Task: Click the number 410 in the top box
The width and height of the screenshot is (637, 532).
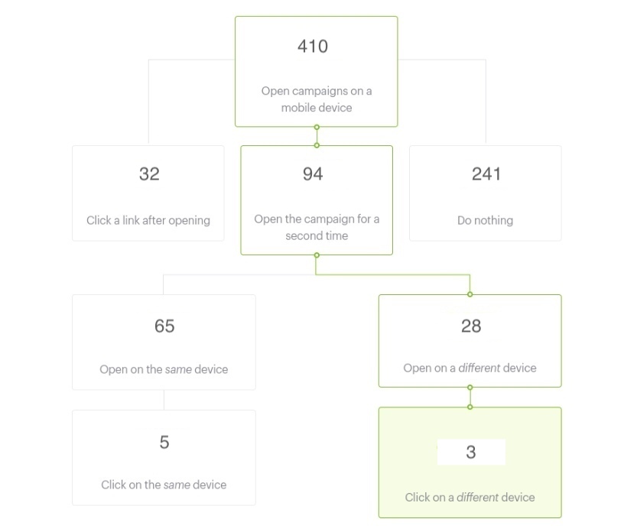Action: [x=313, y=47]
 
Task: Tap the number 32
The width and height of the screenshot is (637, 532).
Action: [x=149, y=174]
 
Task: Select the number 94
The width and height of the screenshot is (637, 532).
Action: [x=313, y=174]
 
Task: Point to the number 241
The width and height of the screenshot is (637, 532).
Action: [x=486, y=174]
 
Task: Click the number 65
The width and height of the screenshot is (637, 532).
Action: [x=164, y=326]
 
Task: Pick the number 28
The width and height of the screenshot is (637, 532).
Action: [x=471, y=326]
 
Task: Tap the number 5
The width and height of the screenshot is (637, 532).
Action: [x=164, y=443]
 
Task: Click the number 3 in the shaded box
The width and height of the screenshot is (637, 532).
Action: [x=471, y=453]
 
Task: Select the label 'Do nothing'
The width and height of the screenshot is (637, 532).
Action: [x=485, y=220]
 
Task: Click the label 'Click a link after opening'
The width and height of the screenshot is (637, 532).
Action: [x=148, y=220]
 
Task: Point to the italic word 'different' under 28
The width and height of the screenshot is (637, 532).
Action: [x=479, y=368]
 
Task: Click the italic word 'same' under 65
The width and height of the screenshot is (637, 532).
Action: [x=178, y=369]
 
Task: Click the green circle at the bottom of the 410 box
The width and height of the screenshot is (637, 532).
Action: [x=317, y=127]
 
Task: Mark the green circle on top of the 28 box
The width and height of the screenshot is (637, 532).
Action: [x=470, y=294]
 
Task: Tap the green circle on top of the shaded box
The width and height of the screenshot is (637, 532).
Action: [x=470, y=407]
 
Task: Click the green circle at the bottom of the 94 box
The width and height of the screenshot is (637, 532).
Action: [x=317, y=255]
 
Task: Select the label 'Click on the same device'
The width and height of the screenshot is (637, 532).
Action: [x=164, y=485]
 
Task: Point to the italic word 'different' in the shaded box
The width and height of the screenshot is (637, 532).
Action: [x=477, y=497]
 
